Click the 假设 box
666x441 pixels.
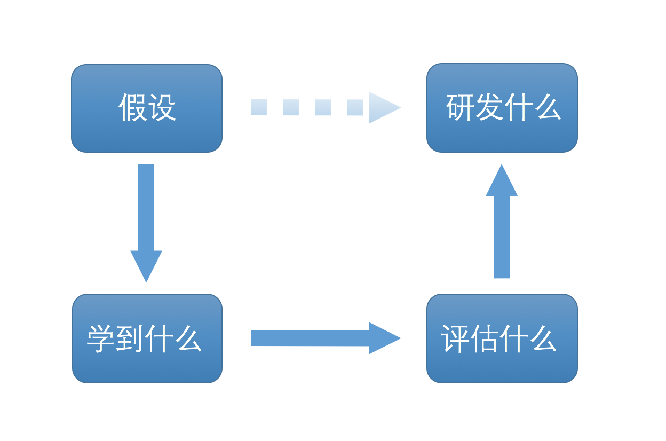(147, 108)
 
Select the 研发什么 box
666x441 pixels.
(502, 108)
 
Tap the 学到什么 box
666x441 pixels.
(147, 338)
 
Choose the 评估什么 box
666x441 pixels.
(502, 338)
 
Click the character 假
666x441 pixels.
(132, 107)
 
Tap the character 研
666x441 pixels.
(459, 107)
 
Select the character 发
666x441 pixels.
(489, 107)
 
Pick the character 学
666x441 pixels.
(100, 338)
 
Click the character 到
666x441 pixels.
(129, 338)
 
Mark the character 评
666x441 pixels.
(455, 338)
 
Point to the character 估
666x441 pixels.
(484, 338)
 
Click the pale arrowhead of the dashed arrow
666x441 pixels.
(384, 107)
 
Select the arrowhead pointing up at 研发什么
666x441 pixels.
(502, 180)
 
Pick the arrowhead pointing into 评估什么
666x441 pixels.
(384, 338)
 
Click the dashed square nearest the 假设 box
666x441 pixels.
(259, 107)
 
